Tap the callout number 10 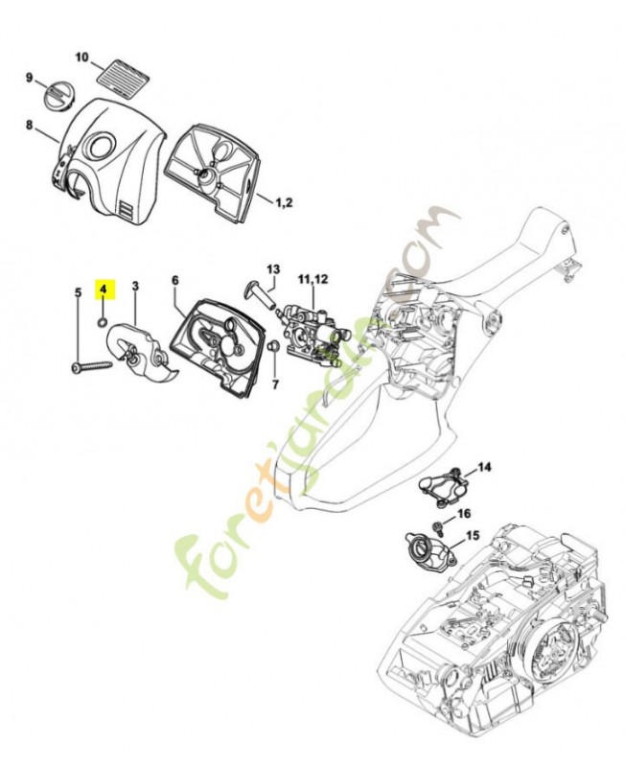tap(81, 58)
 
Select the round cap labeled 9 tap(60, 96)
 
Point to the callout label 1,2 tap(285, 203)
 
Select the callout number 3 tap(135, 286)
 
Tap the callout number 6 tap(175, 280)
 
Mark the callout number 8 tap(29, 125)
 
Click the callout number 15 tap(473, 535)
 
